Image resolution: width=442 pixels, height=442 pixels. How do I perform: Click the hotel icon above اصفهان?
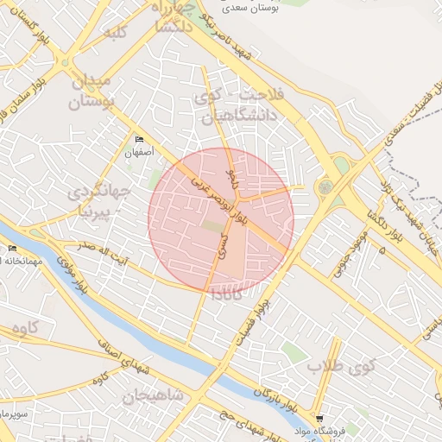(139, 140)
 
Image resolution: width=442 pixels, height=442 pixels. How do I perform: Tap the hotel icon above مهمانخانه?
(12, 249)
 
